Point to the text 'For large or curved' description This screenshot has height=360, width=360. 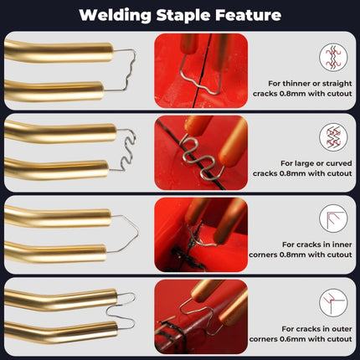(311, 163)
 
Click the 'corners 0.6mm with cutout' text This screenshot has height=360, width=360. (311, 339)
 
